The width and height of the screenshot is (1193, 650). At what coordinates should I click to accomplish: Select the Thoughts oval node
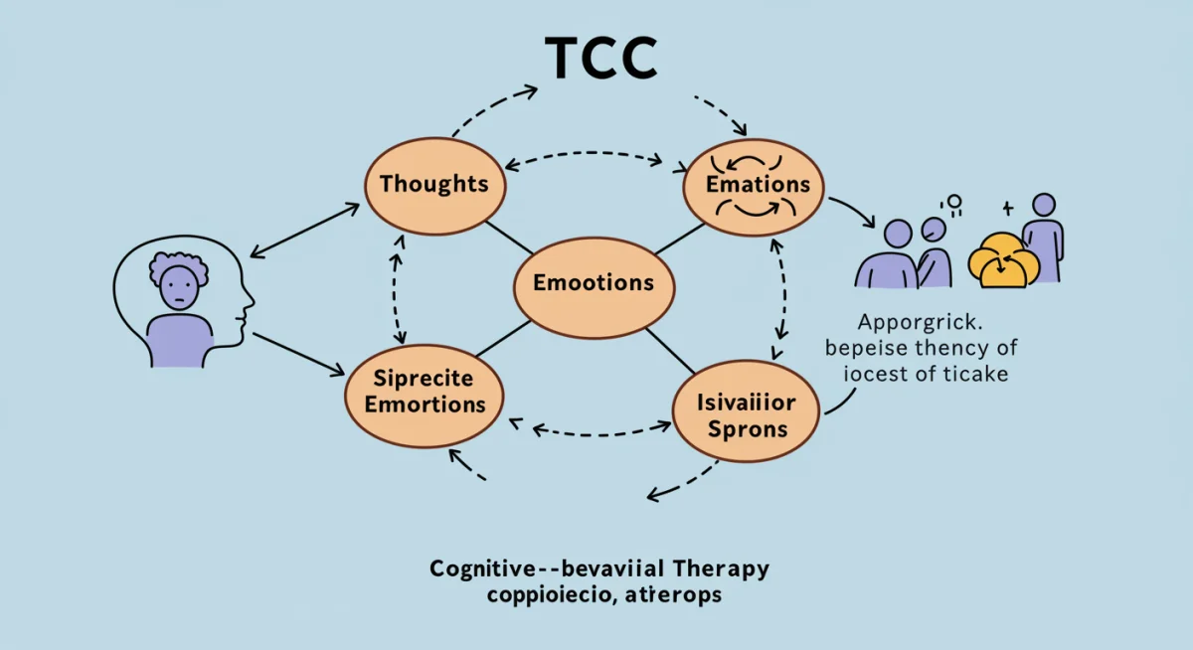433,185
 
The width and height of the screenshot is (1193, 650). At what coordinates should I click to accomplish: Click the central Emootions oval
594,282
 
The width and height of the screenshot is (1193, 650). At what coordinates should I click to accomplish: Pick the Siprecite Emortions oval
425,392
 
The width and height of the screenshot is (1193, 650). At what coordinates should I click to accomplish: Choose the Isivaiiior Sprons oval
746,417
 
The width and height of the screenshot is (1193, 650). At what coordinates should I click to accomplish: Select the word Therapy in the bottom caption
716,569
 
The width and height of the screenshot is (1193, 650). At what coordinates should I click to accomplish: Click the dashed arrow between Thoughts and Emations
584,156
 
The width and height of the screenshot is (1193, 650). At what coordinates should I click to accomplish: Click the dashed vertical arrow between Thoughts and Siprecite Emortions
399,288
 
